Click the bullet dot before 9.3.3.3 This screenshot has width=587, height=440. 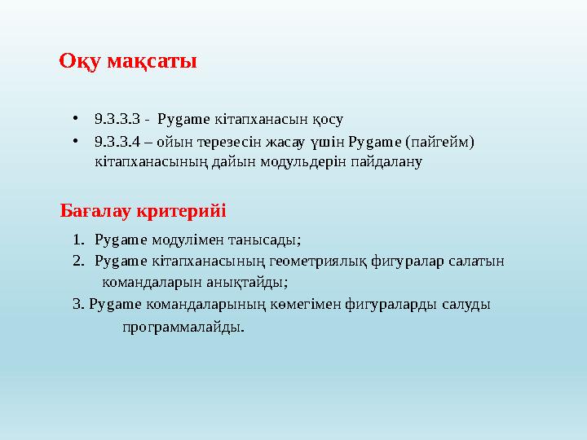coord(74,119)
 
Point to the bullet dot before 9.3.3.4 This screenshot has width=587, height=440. coord(74,142)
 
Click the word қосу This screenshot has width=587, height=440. coord(327,119)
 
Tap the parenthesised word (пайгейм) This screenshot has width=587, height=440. coord(442,142)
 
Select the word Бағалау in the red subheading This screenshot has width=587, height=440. coord(93,212)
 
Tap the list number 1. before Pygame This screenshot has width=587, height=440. coord(77,240)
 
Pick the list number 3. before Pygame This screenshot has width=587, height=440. coord(77,305)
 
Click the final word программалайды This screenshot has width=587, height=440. coord(183,328)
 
